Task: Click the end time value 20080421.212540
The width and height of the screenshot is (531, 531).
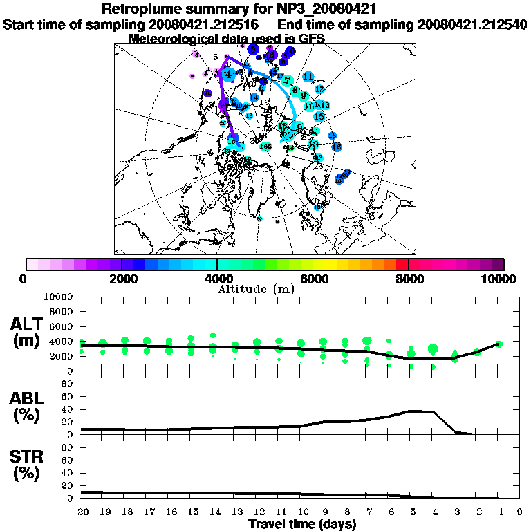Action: (472, 25)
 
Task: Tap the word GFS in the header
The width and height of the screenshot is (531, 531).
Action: (310, 39)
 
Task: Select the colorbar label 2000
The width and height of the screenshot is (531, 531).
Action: (121, 279)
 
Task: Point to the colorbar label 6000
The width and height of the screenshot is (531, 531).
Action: (313, 279)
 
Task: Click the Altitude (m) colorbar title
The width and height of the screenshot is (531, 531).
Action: (265, 288)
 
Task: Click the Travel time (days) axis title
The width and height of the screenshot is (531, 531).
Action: (302, 524)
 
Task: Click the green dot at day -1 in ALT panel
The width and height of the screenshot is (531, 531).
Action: (499, 344)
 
